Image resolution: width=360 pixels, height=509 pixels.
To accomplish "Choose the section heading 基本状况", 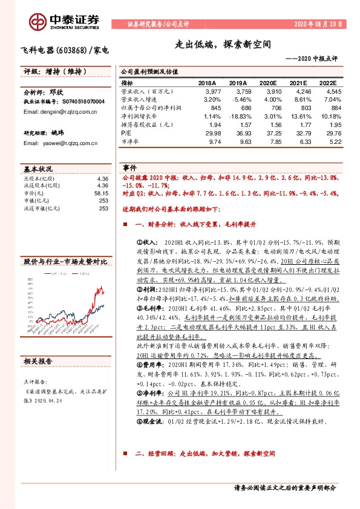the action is pyautogui.click(x=38, y=169).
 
